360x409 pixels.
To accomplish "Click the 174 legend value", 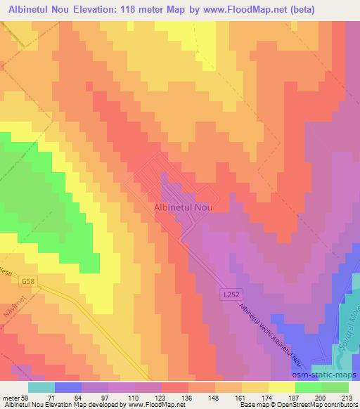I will pyautogui.click(x=269, y=397).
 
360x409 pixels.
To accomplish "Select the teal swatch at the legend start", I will pyautogui.click(x=41, y=387).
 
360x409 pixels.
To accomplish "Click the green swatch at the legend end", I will pyautogui.click(x=335, y=387).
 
